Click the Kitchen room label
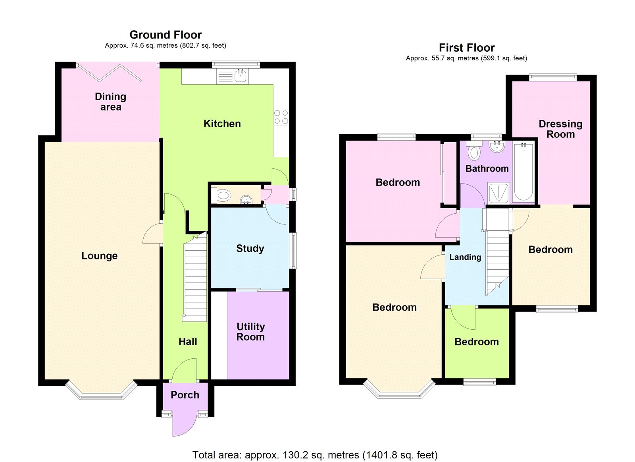pyautogui.click(x=222, y=124)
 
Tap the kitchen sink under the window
pyautogui.click(x=240, y=75)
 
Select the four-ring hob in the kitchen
pyautogui.click(x=281, y=117)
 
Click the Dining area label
pyautogui.click(x=110, y=102)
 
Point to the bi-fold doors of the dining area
pyautogui.click(x=109, y=73)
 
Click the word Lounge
pyautogui.click(x=99, y=256)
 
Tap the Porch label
pyautogui.click(x=185, y=395)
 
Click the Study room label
pyautogui.click(x=250, y=249)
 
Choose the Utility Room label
pyautogui.click(x=250, y=332)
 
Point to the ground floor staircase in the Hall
pyautogui.click(x=195, y=278)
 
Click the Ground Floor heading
pyautogui.click(x=165, y=35)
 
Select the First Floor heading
pyautogui.click(x=466, y=48)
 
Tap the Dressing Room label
pyautogui.click(x=560, y=129)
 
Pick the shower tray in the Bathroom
pyautogui.click(x=498, y=193)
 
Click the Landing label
pyautogui.click(x=465, y=257)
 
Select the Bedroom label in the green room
pyautogui.click(x=476, y=342)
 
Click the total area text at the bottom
pyautogui.click(x=315, y=455)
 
